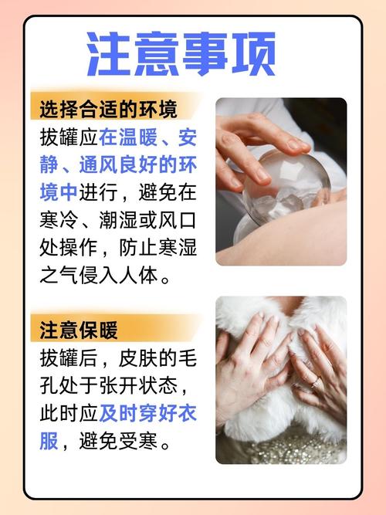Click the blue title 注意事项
pos(181,54)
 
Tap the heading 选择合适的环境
pos(108,110)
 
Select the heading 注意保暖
pos(79,330)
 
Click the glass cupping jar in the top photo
pos(286,187)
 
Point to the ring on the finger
pos(316,381)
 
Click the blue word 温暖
pos(138,137)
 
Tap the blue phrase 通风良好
pos(118,164)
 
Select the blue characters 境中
pos(59,192)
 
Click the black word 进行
pos(98,192)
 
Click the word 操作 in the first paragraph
pos(79,247)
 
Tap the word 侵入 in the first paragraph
pos(98,275)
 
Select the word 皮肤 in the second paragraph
pos(138,357)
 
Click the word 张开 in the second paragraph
pos(118,385)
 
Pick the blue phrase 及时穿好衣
pos(147,413)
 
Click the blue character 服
pos(49,440)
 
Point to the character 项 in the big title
pos(253,54)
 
